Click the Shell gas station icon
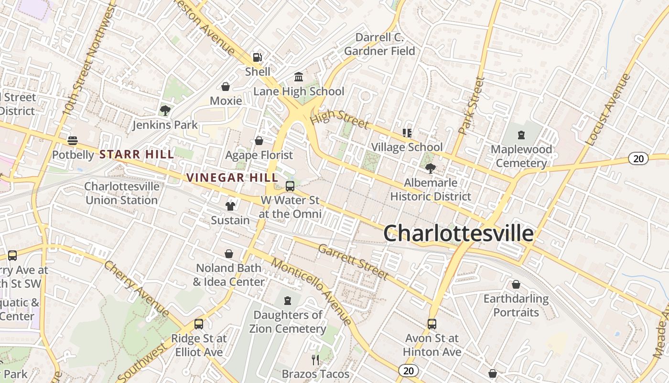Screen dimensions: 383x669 257,57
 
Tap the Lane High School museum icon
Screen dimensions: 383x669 299,77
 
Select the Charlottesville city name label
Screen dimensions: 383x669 458,234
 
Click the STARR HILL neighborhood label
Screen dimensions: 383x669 137,154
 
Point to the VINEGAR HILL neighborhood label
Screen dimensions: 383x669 232,178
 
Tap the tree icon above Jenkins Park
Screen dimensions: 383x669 165,111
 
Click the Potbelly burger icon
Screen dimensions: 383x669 73,141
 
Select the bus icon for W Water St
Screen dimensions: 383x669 290,186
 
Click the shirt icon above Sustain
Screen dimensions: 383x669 230,206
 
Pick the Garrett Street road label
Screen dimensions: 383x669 353,262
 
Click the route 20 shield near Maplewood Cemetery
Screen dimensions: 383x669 638,158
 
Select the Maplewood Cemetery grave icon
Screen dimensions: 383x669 521,135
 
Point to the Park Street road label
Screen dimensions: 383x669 471,105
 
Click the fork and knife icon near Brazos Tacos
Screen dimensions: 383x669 315,360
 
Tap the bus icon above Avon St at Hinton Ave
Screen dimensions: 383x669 432,324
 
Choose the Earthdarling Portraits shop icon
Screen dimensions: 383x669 516,285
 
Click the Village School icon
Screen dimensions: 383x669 407,133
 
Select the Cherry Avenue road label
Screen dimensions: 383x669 137,289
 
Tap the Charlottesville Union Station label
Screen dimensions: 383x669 122,193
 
